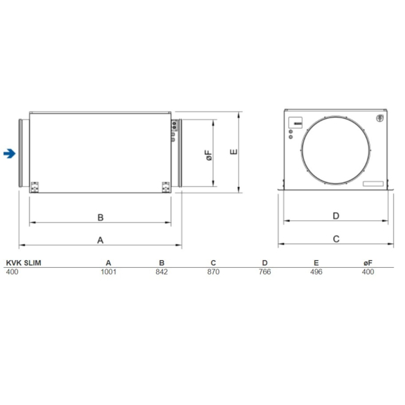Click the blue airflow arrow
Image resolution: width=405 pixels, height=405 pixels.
[x=8, y=153]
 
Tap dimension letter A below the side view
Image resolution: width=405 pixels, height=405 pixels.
[x=101, y=239]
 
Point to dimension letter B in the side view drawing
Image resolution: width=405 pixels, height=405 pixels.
[x=101, y=217]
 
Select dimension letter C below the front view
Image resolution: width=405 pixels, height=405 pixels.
[x=335, y=239]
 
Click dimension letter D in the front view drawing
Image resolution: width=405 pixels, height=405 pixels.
[x=335, y=216]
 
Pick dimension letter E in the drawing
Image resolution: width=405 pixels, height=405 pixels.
[x=235, y=151]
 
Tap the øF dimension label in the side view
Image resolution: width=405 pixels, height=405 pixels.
[x=209, y=155]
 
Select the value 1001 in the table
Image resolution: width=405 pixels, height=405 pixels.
[x=108, y=271]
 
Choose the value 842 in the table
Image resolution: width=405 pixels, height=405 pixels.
[x=162, y=271]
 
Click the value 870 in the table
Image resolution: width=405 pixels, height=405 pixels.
[x=212, y=271]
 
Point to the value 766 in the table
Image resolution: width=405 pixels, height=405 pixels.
[x=264, y=271]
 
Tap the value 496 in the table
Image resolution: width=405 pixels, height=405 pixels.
[x=316, y=271]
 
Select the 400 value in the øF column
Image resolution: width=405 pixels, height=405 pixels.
[x=367, y=271]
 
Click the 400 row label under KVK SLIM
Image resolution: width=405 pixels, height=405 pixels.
[x=12, y=271]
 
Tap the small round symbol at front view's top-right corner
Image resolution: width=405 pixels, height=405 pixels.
[x=380, y=117]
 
